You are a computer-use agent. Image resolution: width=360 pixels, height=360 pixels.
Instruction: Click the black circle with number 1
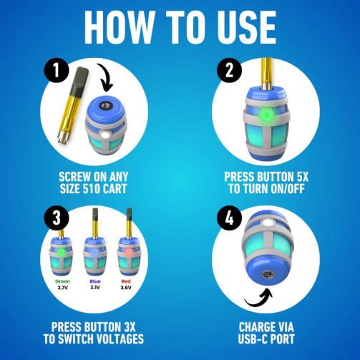(x=57, y=70)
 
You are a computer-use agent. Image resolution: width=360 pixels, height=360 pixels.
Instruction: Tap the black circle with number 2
(x=229, y=70)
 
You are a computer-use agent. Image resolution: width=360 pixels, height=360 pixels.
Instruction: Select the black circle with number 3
(x=57, y=218)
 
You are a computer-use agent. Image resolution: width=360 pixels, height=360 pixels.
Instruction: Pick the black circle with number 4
(x=229, y=218)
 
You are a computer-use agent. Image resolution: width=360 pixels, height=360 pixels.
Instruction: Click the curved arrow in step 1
(x=107, y=77)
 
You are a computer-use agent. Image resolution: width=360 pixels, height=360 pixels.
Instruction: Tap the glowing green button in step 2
(x=267, y=115)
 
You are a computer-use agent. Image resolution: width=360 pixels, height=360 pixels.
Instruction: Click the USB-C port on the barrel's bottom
(x=268, y=274)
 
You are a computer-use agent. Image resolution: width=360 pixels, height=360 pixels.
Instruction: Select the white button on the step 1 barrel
(x=104, y=135)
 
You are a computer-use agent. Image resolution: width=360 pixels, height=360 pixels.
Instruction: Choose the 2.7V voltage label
(x=62, y=288)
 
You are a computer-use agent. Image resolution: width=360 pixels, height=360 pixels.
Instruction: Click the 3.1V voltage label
(x=95, y=287)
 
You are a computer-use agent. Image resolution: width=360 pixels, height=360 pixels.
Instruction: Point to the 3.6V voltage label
(x=126, y=288)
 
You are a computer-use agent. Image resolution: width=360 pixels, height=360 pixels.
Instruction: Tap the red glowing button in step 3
(x=129, y=252)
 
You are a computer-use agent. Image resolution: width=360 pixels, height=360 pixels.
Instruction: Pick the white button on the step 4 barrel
(x=267, y=223)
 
